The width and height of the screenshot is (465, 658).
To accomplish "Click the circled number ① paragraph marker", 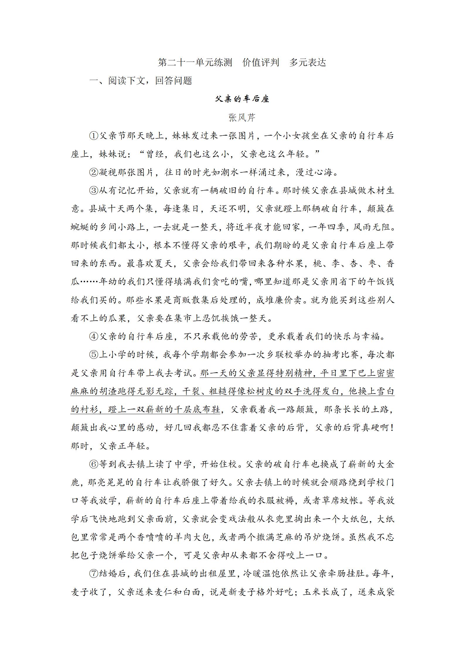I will pyautogui.click(x=94, y=136).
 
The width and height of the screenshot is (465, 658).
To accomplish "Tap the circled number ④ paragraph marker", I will pyautogui.click(x=94, y=336).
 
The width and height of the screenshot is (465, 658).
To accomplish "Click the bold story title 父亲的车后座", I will pyautogui.click(x=242, y=99).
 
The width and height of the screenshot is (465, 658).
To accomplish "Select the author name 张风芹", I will pyautogui.click(x=242, y=118).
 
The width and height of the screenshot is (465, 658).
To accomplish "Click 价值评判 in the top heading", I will pyautogui.click(x=260, y=62).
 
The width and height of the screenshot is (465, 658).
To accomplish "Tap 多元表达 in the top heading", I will pyautogui.click(x=307, y=62).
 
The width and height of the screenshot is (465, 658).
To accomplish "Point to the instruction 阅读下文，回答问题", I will pyautogui.click(x=150, y=81).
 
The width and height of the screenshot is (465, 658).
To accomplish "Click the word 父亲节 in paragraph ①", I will pyautogui.click(x=113, y=136).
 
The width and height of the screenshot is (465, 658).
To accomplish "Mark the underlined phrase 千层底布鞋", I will pyautogui.click(x=197, y=409).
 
